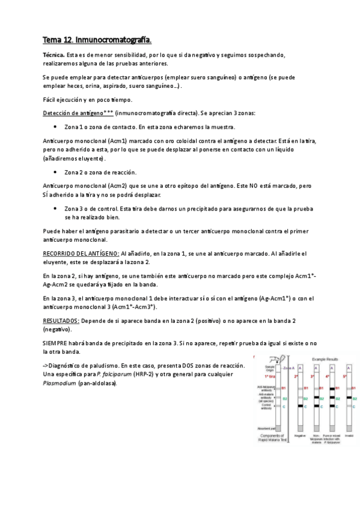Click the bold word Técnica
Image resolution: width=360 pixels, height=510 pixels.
pyautogui.click(x=54, y=55)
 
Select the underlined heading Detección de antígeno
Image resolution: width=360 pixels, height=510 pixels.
pyautogui.click(x=72, y=113)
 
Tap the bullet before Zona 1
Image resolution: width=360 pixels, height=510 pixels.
pyautogui.click(x=55, y=127)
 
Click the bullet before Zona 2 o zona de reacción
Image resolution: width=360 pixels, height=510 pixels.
pyautogui.click(x=55, y=172)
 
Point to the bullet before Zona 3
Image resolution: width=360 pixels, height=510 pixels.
pyautogui.click(x=55, y=208)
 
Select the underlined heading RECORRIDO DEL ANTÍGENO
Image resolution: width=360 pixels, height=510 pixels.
pyautogui.click(x=81, y=254)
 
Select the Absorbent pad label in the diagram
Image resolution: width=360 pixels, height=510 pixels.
pyautogui.click(x=265, y=428)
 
